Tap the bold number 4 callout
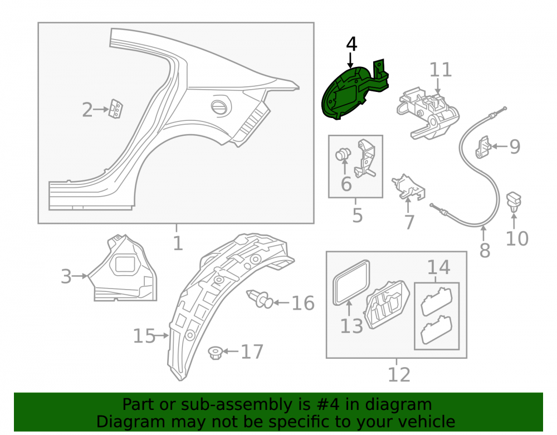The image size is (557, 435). click(x=351, y=44)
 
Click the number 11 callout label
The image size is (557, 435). click(x=441, y=70)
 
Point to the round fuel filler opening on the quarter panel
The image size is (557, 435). click(x=220, y=106)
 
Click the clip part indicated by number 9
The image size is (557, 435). click(x=483, y=146)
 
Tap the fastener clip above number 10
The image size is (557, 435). click(x=514, y=201)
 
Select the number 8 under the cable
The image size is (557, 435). click(x=485, y=250)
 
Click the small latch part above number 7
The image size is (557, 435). click(x=408, y=187)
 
